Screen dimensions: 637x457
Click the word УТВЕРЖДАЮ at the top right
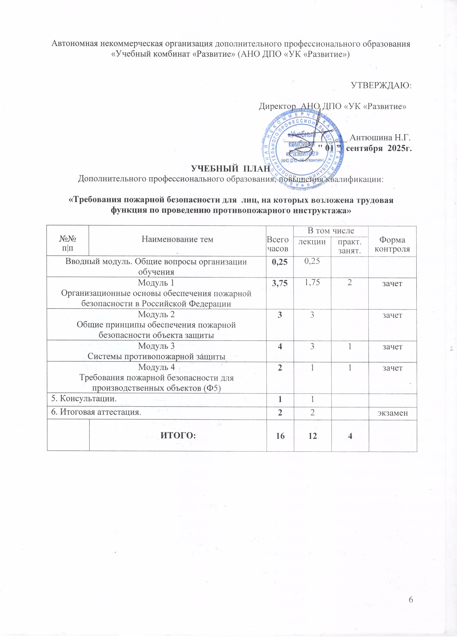(x=381, y=85)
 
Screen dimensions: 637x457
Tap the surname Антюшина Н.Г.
(x=380, y=138)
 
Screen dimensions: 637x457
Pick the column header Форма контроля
(x=392, y=244)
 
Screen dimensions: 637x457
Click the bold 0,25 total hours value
(x=280, y=262)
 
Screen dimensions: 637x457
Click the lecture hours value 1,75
(x=312, y=283)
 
